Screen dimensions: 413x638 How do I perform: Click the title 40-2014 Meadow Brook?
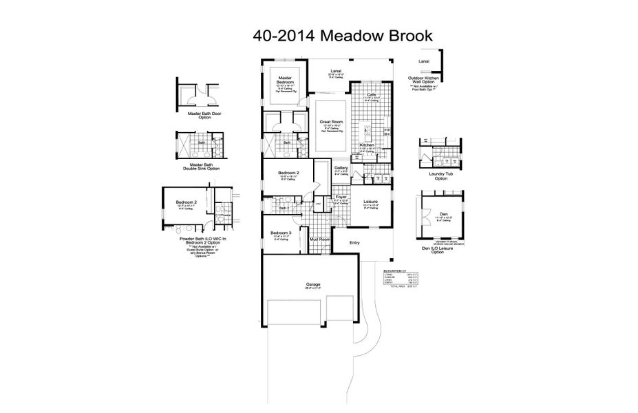coord(342,35)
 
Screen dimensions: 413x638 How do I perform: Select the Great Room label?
coord(331,121)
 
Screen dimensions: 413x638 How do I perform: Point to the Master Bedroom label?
coord(285,81)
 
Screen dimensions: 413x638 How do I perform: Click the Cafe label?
coord(370,94)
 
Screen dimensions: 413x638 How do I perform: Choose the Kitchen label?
coord(366,145)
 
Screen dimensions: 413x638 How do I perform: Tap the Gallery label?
coord(341,168)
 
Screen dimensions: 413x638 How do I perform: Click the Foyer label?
coord(341,197)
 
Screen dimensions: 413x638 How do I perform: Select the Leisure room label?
coord(370,202)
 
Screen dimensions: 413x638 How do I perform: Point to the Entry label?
coord(354,242)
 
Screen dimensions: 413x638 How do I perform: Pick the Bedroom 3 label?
coord(280,233)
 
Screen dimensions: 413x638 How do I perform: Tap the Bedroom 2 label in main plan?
coord(288,173)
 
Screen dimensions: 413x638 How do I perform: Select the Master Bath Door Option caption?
coord(195,115)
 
